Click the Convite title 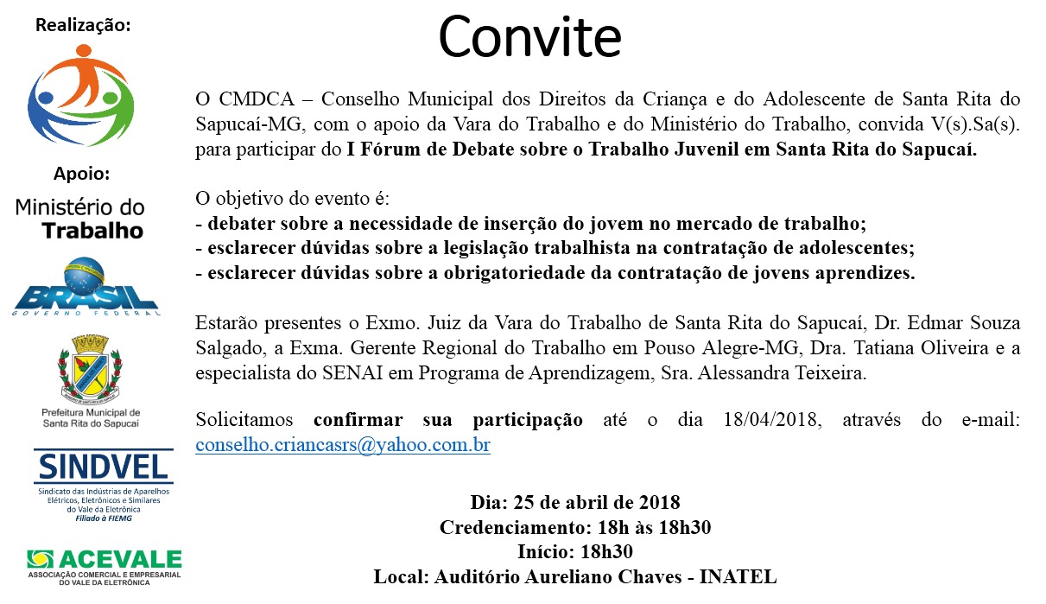pos(529,36)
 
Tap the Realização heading pos(83,25)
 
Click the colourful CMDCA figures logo pos(82,94)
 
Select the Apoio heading pos(82,174)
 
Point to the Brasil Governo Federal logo pos(85,287)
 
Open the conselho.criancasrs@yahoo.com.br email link pos(343,445)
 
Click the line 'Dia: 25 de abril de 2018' pos(574,502)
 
